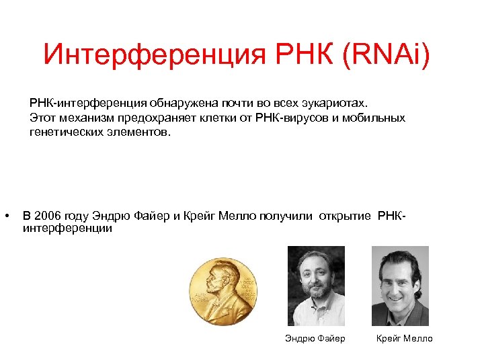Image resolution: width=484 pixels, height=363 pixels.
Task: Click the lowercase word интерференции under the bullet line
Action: pos(67,229)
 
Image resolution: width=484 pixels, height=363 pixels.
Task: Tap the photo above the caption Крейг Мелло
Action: pos(400,286)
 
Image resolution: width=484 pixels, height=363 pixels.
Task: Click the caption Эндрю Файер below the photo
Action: pos(315,338)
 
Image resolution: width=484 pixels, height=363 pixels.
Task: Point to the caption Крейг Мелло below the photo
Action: pos(405,338)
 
